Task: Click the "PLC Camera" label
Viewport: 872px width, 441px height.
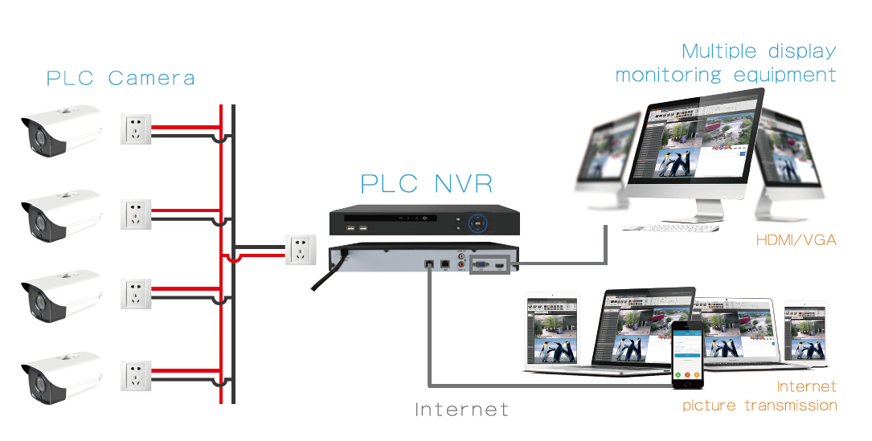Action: tap(121, 79)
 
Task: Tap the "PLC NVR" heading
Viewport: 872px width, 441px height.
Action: tap(426, 183)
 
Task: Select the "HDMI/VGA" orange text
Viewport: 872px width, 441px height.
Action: tap(796, 240)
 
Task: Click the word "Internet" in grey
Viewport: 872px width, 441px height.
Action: tap(462, 410)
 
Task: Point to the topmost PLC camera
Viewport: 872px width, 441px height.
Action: tap(61, 130)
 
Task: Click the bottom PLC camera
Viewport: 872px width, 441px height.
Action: tap(61, 378)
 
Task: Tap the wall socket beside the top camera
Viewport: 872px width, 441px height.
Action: tap(136, 129)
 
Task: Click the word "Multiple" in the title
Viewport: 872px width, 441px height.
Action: tap(718, 51)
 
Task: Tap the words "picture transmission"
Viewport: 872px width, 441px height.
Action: tap(759, 406)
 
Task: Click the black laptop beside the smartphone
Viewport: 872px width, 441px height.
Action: tap(635, 329)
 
